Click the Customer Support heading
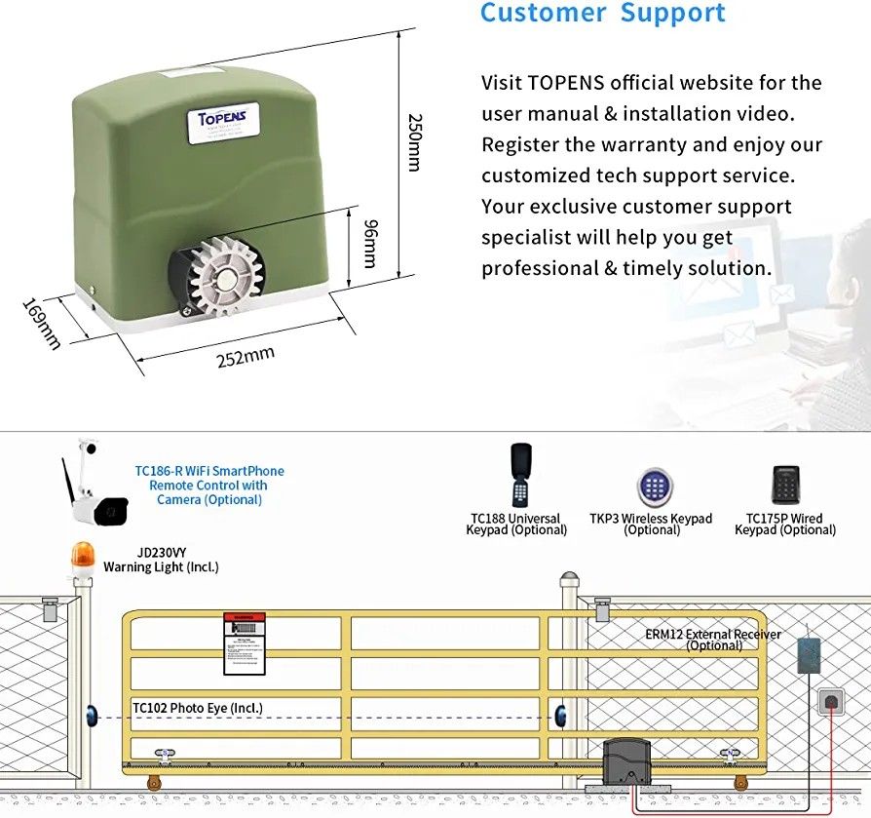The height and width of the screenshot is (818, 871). (603, 14)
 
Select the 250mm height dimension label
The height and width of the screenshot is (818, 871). (414, 142)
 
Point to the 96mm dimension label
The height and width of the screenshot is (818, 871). (369, 243)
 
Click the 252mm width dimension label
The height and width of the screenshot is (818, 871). (245, 357)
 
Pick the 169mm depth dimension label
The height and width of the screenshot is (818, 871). (42, 323)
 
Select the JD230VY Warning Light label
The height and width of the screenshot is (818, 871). (161, 560)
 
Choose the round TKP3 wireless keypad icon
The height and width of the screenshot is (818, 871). (654, 487)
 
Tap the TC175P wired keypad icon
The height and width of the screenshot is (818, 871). (785, 485)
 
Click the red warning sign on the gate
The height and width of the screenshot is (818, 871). (244, 643)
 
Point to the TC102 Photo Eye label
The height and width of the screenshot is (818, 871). (197, 709)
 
